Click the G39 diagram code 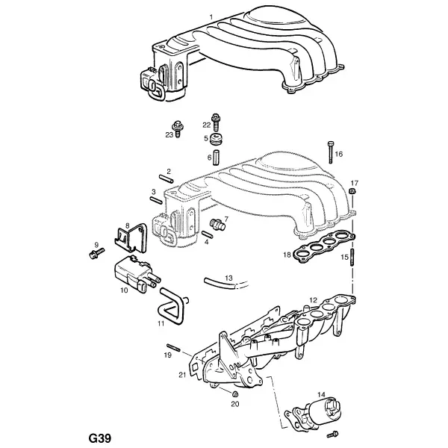point(99,438)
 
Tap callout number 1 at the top point(211,17)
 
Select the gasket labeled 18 point(324,246)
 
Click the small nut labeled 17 point(352,191)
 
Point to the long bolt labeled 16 point(331,152)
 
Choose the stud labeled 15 point(352,258)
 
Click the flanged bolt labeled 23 point(177,128)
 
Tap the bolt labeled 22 point(216,122)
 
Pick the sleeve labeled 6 point(216,157)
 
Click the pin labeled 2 point(167,178)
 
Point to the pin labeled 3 point(156,200)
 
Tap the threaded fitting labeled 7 point(218,224)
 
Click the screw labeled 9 point(96,254)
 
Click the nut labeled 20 point(235,394)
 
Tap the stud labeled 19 point(173,347)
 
